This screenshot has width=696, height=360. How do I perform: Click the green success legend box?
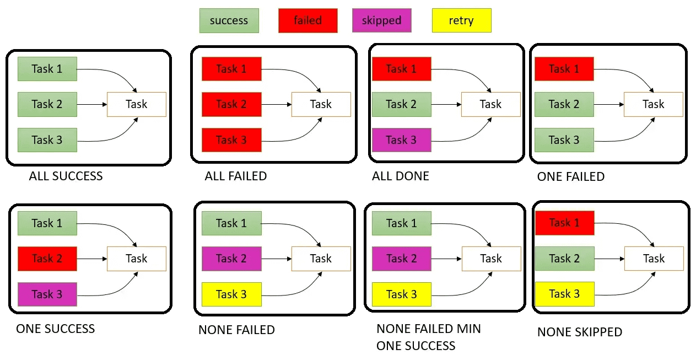pyautogui.click(x=229, y=20)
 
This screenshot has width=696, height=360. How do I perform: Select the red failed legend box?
pyautogui.click(x=308, y=20)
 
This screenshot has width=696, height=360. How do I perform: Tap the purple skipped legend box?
pyautogui.click(x=382, y=20)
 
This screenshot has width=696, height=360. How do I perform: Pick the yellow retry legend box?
pyautogui.click(x=462, y=20)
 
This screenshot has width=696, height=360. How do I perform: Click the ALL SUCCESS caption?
pyautogui.click(x=66, y=176)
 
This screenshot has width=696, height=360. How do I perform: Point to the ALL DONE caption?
pyautogui.click(x=401, y=176)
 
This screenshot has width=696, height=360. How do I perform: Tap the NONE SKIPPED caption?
pyautogui.click(x=580, y=332)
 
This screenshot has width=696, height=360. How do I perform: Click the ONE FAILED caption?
pyautogui.click(x=571, y=176)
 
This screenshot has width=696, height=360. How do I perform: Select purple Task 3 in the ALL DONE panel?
pyautogui.click(x=401, y=140)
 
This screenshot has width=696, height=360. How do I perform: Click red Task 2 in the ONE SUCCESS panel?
pyautogui.click(x=47, y=259)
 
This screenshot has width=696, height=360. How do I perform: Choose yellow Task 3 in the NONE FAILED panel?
pyautogui.click(x=231, y=294)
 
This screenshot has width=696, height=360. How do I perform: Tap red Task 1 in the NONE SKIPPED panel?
pyautogui.click(x=564, y=223)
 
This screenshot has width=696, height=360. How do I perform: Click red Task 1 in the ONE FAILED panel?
pyautogui.click(x=564, y=69)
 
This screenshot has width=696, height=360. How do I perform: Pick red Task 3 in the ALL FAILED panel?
pyautogui.click(x=231, y=140)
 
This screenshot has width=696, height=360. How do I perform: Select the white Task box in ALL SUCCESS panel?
pyautogui.click(x=137, y=104)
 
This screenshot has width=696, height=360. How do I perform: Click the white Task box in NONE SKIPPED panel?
pyautogui.click(x=654, y=259)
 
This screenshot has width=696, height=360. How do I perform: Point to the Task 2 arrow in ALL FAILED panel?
pyautogui.click(x=277, y=104)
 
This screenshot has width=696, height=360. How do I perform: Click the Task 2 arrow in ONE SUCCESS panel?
pyautogui.click(x=92, y=259)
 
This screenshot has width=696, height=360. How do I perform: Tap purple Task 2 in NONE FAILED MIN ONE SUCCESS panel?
pyautogui.click(x=401, y=259)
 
